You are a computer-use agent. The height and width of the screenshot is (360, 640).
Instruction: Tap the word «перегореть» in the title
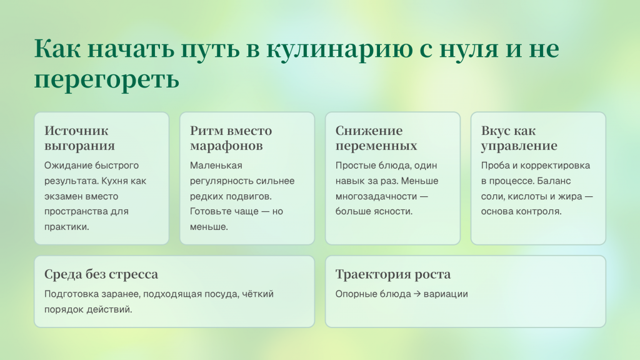107,79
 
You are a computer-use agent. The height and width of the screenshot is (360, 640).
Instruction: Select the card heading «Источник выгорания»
79,138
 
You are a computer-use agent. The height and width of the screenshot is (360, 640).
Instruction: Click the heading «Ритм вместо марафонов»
231,138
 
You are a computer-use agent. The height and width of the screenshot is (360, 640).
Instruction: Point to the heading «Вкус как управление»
519,138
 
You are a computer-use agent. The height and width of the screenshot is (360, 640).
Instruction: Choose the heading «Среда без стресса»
101,274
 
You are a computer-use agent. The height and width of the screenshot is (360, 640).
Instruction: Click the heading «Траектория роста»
392,274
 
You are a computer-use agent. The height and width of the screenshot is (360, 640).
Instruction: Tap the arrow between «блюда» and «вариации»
417,294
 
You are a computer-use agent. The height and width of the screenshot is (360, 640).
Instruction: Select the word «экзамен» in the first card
63,196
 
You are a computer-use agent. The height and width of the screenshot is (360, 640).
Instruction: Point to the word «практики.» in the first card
67,226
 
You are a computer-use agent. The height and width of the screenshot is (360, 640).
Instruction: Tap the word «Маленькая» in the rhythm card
216,166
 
